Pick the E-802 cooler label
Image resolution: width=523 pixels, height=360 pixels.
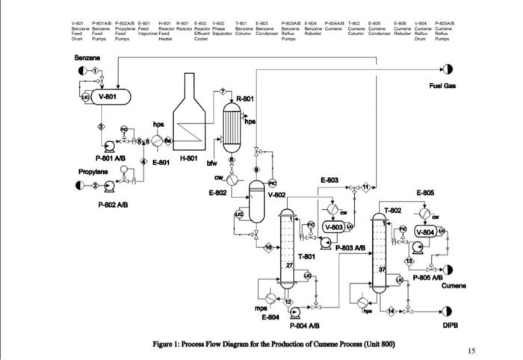pyautogui.click(x=217, y=193)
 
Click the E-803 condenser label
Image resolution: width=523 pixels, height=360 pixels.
pyautogui.click(x=329, y=180)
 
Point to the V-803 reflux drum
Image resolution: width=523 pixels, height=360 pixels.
pyautogui.click(x=333, y=226)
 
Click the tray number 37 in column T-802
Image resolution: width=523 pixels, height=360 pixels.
pyautogui.click(x=383, y=269)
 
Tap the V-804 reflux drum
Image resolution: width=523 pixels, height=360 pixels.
pyautogui.click(x=425, y=232)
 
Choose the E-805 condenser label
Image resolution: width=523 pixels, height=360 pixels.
pyautogui.click(x=426, y=193)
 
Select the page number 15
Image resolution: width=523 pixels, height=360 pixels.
pyautogui.click(x=469, y=350)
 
